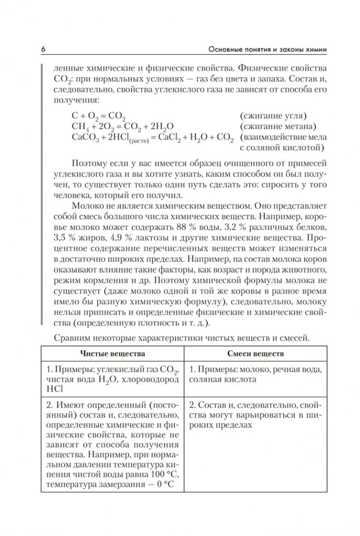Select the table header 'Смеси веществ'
click(248, 354)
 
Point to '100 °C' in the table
click(157, 475)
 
